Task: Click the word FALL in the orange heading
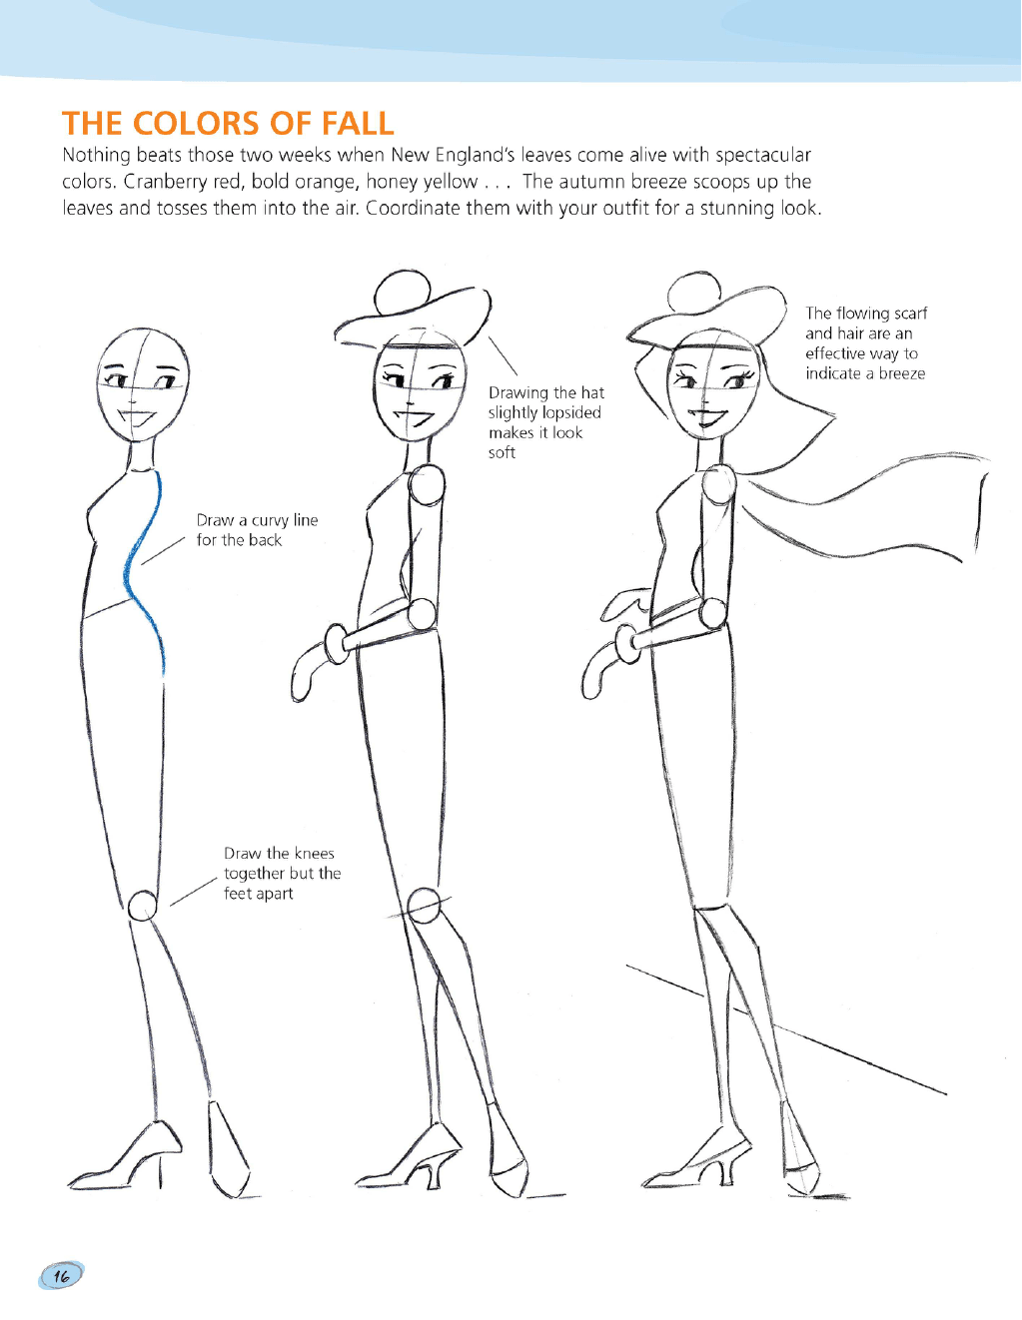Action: click(358, 124)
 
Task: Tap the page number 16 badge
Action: click(61, 1275)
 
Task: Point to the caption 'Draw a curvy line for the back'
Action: click(257, 530)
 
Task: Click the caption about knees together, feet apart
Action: click(282, 873)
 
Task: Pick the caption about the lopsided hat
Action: click(546, 422)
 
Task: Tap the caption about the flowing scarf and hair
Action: click(866, 343)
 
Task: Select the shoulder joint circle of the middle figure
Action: click(427, 484)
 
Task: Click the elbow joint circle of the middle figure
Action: click(421, 614)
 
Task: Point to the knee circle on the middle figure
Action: click(423, 906)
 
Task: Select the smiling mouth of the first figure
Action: click(139, 419)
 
